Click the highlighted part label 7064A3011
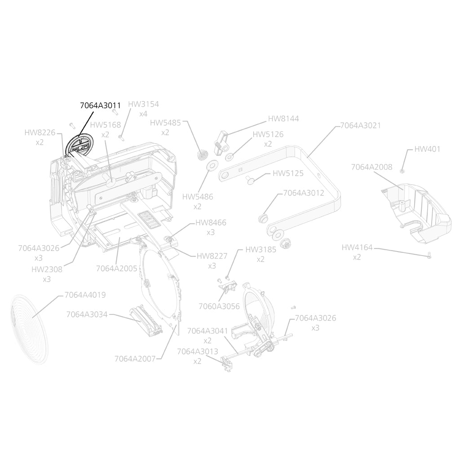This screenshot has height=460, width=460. tap(100, 106)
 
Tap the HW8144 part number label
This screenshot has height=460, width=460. tap(283, 119)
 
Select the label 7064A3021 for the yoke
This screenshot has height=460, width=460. tap(361, 125)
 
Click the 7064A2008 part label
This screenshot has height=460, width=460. tap(372, 167)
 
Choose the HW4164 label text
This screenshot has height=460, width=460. tap(357, 248)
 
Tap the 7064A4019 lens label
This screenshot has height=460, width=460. tap(85, 295)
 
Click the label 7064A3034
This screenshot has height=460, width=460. tap(87, 314)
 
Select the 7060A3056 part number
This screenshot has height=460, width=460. tap(219, 306)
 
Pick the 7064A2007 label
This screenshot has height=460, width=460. tap(135, 358)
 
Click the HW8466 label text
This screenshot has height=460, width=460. tap(211, 223)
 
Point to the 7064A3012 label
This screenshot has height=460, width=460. tap(304, 193)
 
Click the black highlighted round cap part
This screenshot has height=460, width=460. tap(80, 146)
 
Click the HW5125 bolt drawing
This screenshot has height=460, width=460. tap(250, 179)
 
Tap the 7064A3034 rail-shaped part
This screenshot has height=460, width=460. tap(146, 322)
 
